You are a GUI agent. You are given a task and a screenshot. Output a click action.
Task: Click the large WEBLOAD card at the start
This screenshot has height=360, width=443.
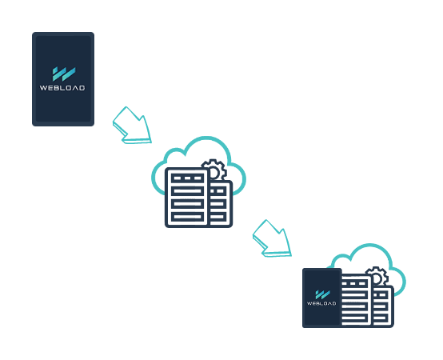[x=63, y=79]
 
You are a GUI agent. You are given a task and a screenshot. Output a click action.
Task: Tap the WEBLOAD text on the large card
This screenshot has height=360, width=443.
[x=62, y=88]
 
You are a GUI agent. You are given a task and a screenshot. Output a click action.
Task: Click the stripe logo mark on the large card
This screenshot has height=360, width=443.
[x=64, y=74]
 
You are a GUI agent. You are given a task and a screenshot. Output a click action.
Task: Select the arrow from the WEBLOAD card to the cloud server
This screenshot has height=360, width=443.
[x=132, y=126]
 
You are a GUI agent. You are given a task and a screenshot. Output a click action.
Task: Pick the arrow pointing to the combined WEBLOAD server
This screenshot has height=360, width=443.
[x=272, y=238]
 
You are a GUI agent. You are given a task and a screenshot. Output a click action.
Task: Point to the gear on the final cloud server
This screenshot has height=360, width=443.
[x=377, y=276]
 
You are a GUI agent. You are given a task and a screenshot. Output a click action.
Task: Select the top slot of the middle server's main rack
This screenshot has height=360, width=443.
[x=187, y=178]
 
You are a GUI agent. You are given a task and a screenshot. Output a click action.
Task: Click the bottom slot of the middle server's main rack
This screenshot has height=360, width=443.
[x=187, y=217]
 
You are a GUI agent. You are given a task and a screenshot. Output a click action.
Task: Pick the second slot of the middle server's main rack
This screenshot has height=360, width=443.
[x=187, y=191]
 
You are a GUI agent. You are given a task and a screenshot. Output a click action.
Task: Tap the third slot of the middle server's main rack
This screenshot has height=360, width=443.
[x=187, y=204]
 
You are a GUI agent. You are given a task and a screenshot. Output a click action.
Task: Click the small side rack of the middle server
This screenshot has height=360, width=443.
[x=221, y=203]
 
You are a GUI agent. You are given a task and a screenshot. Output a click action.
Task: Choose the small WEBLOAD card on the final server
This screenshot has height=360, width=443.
[x=321, y=298]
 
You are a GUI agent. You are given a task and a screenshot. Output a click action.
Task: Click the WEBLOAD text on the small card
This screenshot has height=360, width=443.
[x=321, y=303]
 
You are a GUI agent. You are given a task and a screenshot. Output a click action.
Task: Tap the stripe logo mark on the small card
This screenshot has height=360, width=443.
[x=322, y=294]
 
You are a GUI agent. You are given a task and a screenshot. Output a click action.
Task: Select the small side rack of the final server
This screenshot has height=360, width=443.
[x=383, y=306]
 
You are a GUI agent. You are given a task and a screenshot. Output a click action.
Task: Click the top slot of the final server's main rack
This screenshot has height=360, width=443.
[x=354, y=283]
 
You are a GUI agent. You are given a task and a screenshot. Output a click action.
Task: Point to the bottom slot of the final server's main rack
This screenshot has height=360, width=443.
[x=354, y=318]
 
